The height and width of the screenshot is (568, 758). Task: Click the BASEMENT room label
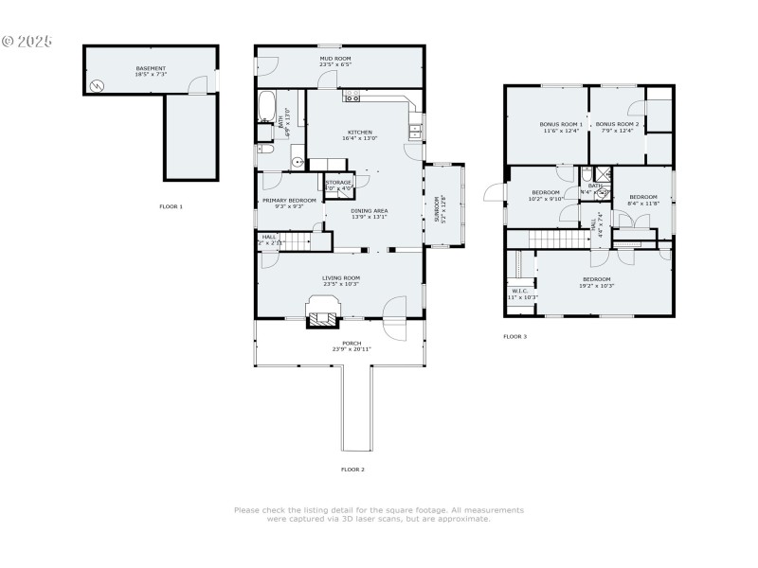point(151,68)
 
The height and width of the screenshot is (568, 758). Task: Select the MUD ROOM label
point(334,59)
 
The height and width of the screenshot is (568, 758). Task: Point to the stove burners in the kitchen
point(352,98)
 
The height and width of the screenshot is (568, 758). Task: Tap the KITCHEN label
point(359,132)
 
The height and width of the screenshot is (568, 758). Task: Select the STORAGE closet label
point(338,181)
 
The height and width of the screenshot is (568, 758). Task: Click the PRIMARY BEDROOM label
point(289,201)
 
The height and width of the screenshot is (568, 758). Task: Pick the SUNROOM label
point(437,209)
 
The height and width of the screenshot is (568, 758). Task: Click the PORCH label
point(352,343)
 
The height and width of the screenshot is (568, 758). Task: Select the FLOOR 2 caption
point(352,469)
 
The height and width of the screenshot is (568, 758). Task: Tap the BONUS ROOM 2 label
point(617,124)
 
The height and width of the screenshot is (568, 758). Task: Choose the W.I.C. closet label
point(520,291)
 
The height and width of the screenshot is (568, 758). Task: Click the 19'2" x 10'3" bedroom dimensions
point(597,286)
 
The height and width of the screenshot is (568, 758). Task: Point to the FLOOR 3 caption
point(514,336)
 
